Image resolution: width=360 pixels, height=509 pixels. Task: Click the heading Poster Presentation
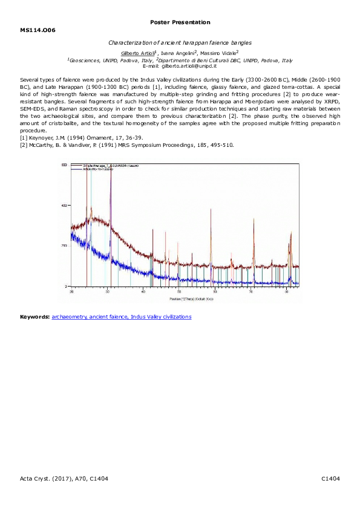[x=180, y=22]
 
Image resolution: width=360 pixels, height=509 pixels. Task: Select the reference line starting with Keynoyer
[x=82, y=137]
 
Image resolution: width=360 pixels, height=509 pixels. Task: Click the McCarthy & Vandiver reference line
[x=126, y=145]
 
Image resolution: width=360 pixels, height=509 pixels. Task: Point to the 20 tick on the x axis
[x=72, y=291]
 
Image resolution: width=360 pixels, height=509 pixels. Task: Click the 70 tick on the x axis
[x=250, y=291]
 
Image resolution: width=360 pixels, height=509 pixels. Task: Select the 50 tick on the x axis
[x=179, y=291]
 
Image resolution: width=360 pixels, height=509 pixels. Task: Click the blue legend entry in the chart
[x=106, y=169]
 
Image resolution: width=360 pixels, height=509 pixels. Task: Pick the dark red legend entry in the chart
[x=113, y=164]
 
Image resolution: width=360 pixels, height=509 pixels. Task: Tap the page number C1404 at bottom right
[x=330, y=479]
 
